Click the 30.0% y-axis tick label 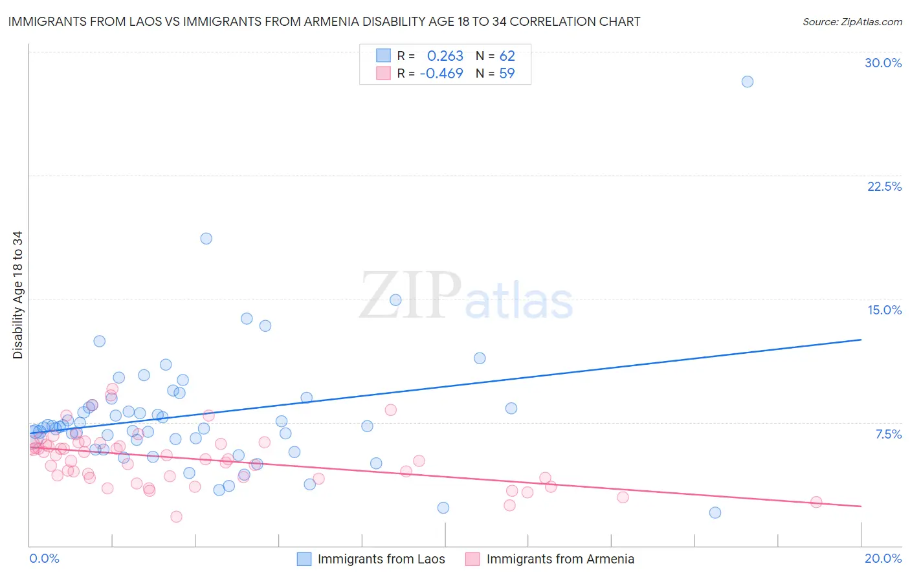click(x=883, y=63)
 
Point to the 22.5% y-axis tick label click(x=884, y=186)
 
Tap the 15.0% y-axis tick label click(x=884, y=310)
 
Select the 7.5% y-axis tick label click(x=888, y=434)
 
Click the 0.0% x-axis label click(x=44, y=558)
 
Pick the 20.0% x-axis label click(x=883, y=558)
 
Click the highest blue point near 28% click(x=747, y=82)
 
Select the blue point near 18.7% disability click(x=206, y=238)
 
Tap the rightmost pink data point click(x=816, y=502)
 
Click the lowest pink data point click(x=176, y=516)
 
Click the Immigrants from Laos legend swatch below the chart click(x=304, y=559)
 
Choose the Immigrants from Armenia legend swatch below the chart click(x=472, y=559)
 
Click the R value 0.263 click(x=445, y=56)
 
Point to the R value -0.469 click(x=441, y=74)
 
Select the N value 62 click(x=507, y=56)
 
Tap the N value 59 click(x=507, y=74)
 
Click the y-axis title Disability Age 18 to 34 click(x=17, y=295)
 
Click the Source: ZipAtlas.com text click(x=852, y=22)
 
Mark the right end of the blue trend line click(x=861, y=340)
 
